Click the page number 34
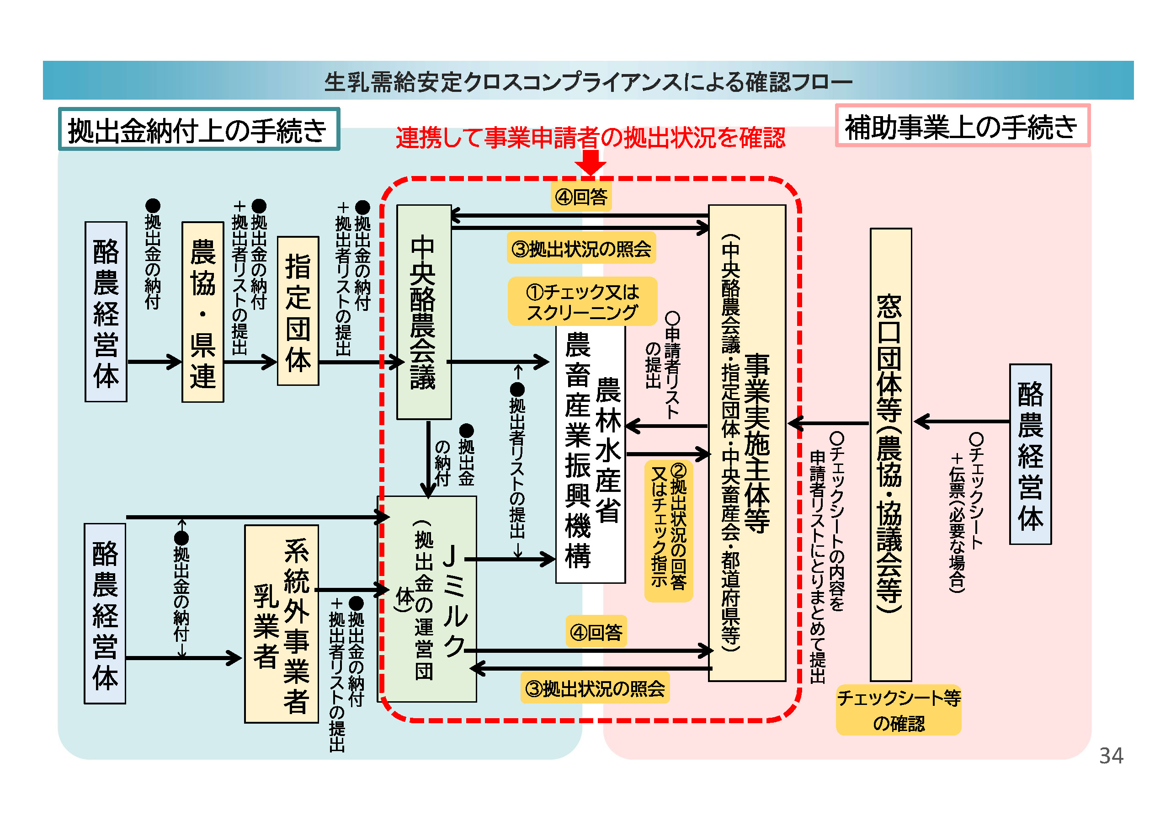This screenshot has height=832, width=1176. point(1111,756)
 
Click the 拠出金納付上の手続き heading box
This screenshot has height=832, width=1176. point(199,129)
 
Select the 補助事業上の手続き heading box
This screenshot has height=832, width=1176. point(962,126)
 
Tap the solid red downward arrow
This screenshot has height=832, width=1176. point(590,163)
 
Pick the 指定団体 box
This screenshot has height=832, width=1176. point(298,310)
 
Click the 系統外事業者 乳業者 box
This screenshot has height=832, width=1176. point(281,624)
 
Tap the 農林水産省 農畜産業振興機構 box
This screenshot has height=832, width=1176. point(591,453)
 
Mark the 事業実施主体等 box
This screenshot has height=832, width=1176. point(746,443)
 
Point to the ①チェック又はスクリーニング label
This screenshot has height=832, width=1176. point(582,301)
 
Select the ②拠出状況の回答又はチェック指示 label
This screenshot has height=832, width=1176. point(668,530)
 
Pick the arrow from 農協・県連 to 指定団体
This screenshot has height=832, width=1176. point(250,362)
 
